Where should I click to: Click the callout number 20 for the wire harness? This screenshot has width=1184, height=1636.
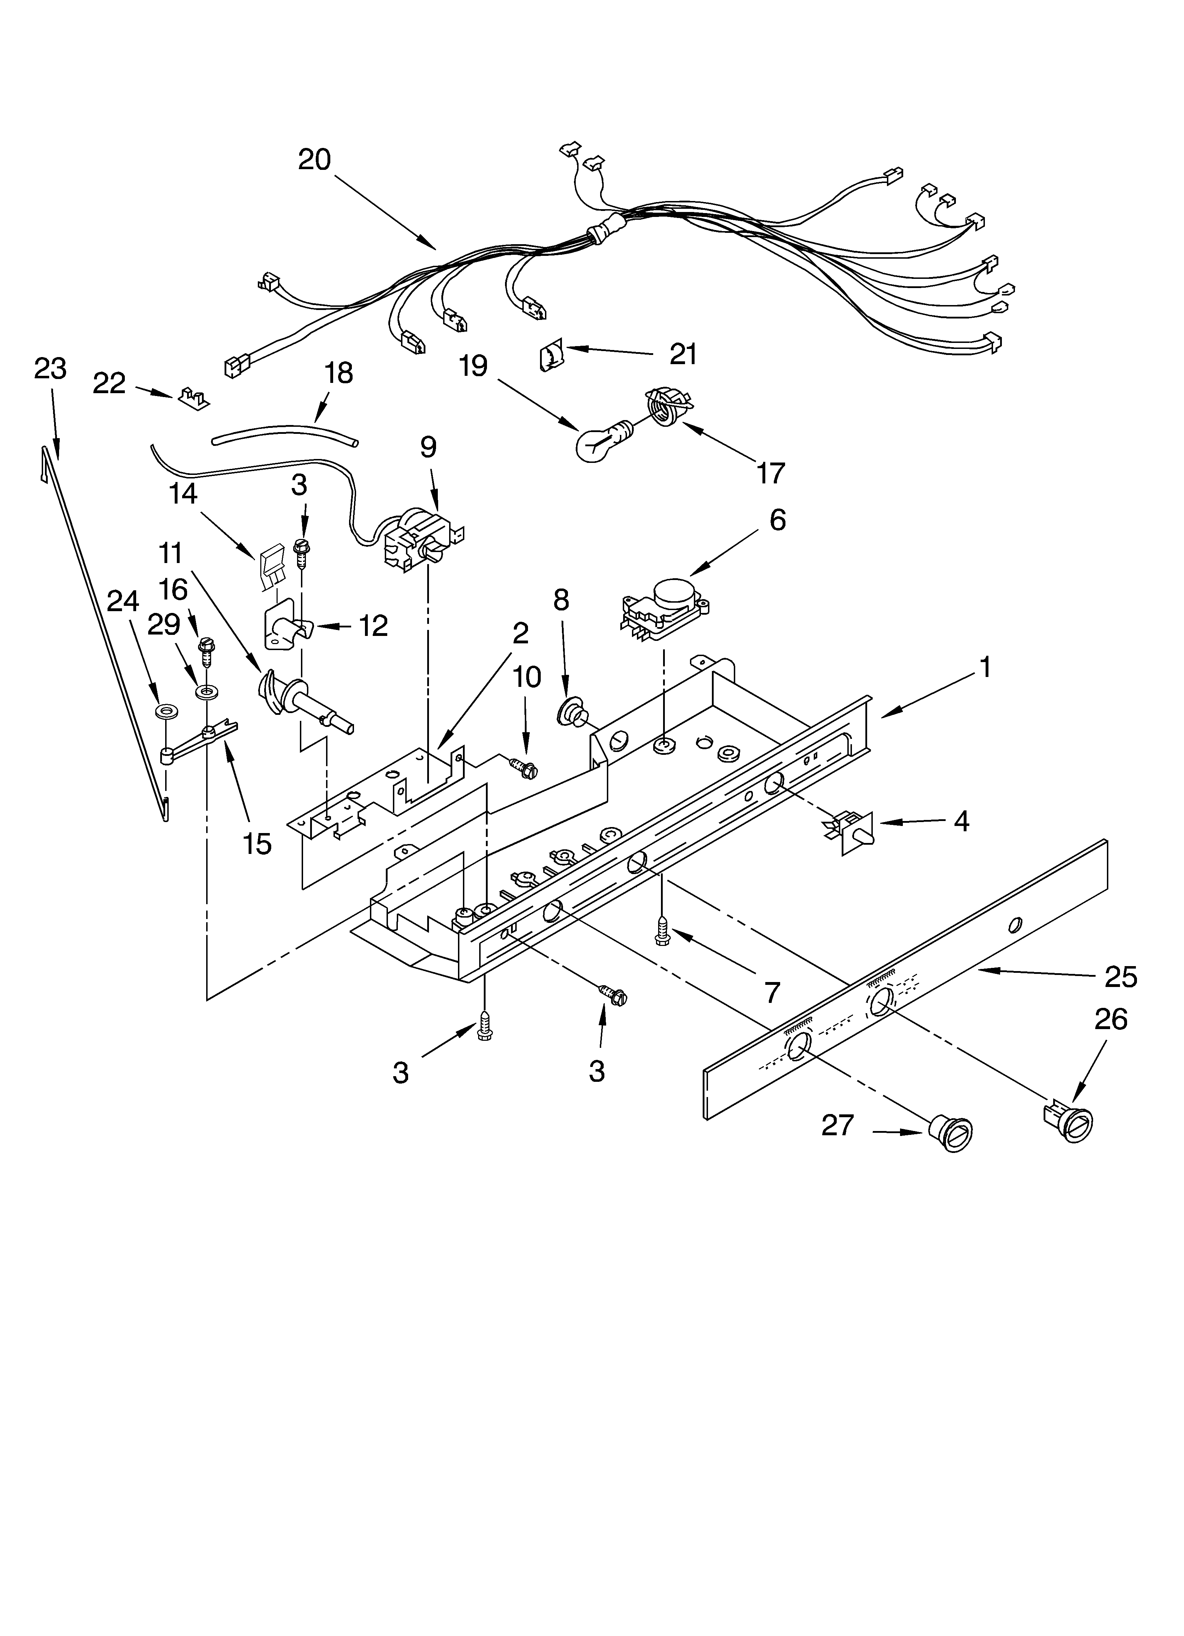314,159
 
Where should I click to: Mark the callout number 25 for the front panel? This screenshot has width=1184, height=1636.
1121,977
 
